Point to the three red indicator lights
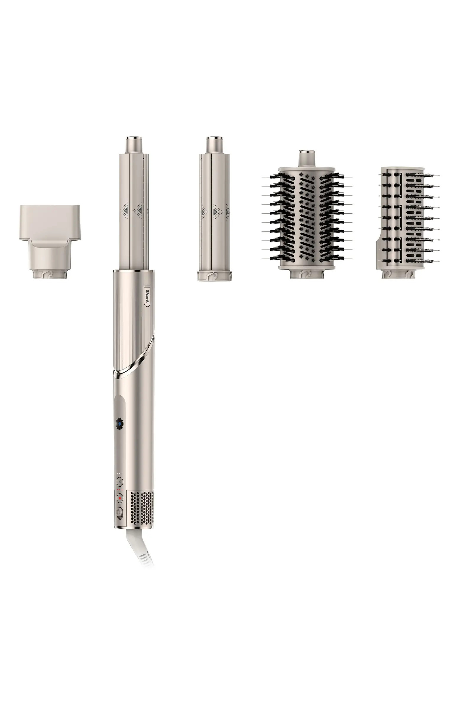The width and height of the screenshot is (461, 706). pos(120,490)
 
